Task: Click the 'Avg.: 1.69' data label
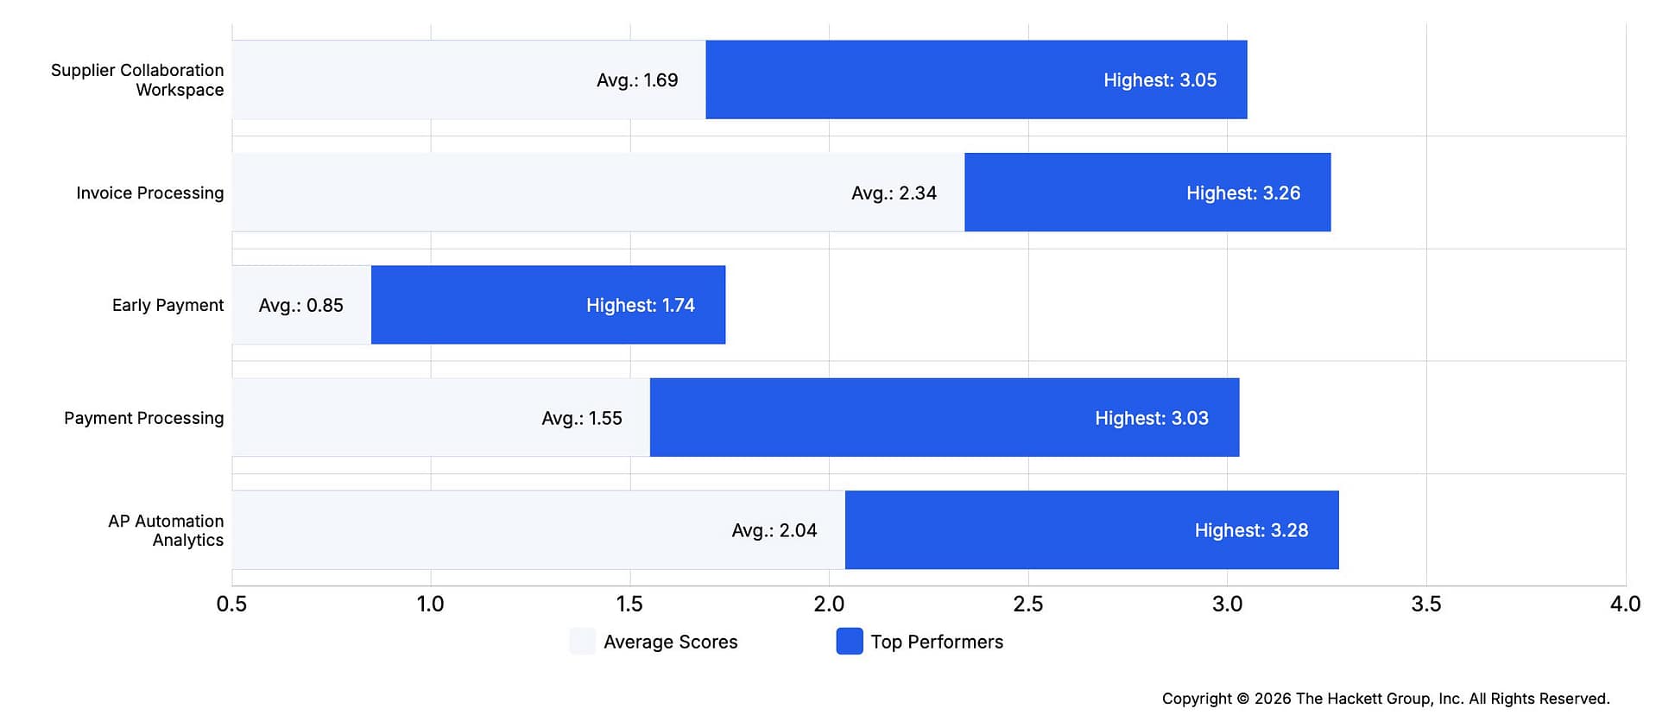pos(637,80)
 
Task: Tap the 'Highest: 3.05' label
pos(1160,80)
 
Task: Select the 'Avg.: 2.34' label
pos(894,193)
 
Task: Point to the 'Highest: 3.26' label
pos(1243,193)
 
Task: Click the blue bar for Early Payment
pos(548,305)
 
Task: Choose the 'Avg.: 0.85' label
pos(300,305)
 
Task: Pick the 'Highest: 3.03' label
pos(1151,418)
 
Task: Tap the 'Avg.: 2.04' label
pos(774,530)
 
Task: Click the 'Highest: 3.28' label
pos(1251,530)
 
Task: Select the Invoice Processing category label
pos(149,193)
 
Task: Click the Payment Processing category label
pos(143,418)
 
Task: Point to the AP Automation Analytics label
pos(166,530)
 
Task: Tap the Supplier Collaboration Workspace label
pos(137,79)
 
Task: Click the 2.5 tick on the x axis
pos(1027,604)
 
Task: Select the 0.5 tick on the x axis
pos(231,604)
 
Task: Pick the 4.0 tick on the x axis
pos(1625,604)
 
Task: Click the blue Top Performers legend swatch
pos(850,641)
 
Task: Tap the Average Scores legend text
pos(670,642)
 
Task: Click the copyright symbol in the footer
pos(1243,699)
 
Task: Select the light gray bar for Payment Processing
pos(441,417)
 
